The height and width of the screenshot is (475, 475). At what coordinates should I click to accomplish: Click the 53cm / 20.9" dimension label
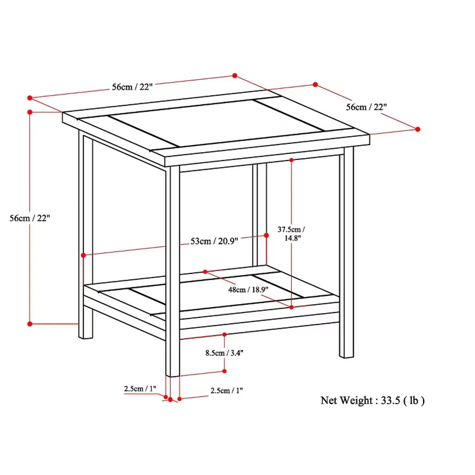coord(214,241)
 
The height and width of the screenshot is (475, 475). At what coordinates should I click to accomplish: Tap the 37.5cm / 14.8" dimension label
coord(291,234)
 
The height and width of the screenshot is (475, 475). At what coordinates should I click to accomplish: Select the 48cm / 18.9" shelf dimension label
coord(248,289)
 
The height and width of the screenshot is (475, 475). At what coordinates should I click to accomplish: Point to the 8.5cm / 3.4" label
coord(225,353)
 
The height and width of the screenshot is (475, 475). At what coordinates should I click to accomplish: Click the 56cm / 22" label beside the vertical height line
coord(30,218)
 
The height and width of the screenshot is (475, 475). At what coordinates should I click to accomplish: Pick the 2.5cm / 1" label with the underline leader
coord(140,388)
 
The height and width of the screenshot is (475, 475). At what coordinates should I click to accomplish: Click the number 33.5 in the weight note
coord(390,400)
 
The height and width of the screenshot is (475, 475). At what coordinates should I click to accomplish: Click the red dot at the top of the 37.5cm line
coord(291,160)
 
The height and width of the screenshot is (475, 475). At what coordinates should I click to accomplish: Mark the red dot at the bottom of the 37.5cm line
coord(291,307)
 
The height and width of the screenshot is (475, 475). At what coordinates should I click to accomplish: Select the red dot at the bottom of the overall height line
coord(30,324)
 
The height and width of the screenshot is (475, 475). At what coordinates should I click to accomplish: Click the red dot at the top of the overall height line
coord(30,112)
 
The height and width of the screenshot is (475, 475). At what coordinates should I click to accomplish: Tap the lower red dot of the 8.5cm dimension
coord(225,371)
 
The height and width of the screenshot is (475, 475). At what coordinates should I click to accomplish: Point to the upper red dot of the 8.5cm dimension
coord(225,334)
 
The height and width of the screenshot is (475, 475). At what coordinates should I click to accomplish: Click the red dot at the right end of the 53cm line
coord(266,235)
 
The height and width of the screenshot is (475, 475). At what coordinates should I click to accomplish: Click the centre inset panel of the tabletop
coord(217,122)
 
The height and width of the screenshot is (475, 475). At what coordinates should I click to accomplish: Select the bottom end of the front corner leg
coord(173,376)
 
